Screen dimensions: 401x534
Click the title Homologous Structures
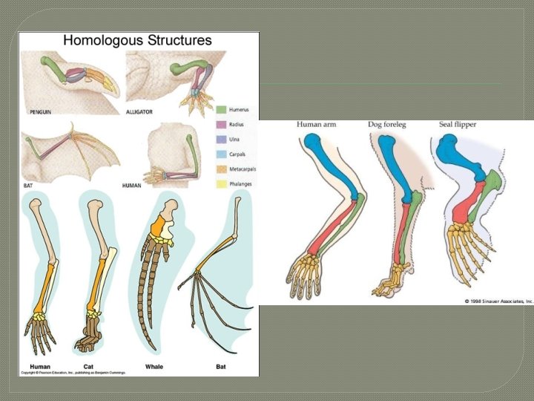pyautogui.click(x=138, y=41)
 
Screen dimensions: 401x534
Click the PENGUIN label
pyautogui.click(x=40, y=111)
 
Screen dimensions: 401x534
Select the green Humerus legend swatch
pyautogui.click(x=221, y=109)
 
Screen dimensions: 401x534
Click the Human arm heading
pyautogui.click(x=317, y=125)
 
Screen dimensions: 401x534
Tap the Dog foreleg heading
pyautogui.click(x=389, y=125)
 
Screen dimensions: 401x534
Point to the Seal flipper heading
pyautogui.click(x=453, y=125)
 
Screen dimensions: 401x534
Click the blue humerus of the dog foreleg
pyautogui.click(x=400, y=166)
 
